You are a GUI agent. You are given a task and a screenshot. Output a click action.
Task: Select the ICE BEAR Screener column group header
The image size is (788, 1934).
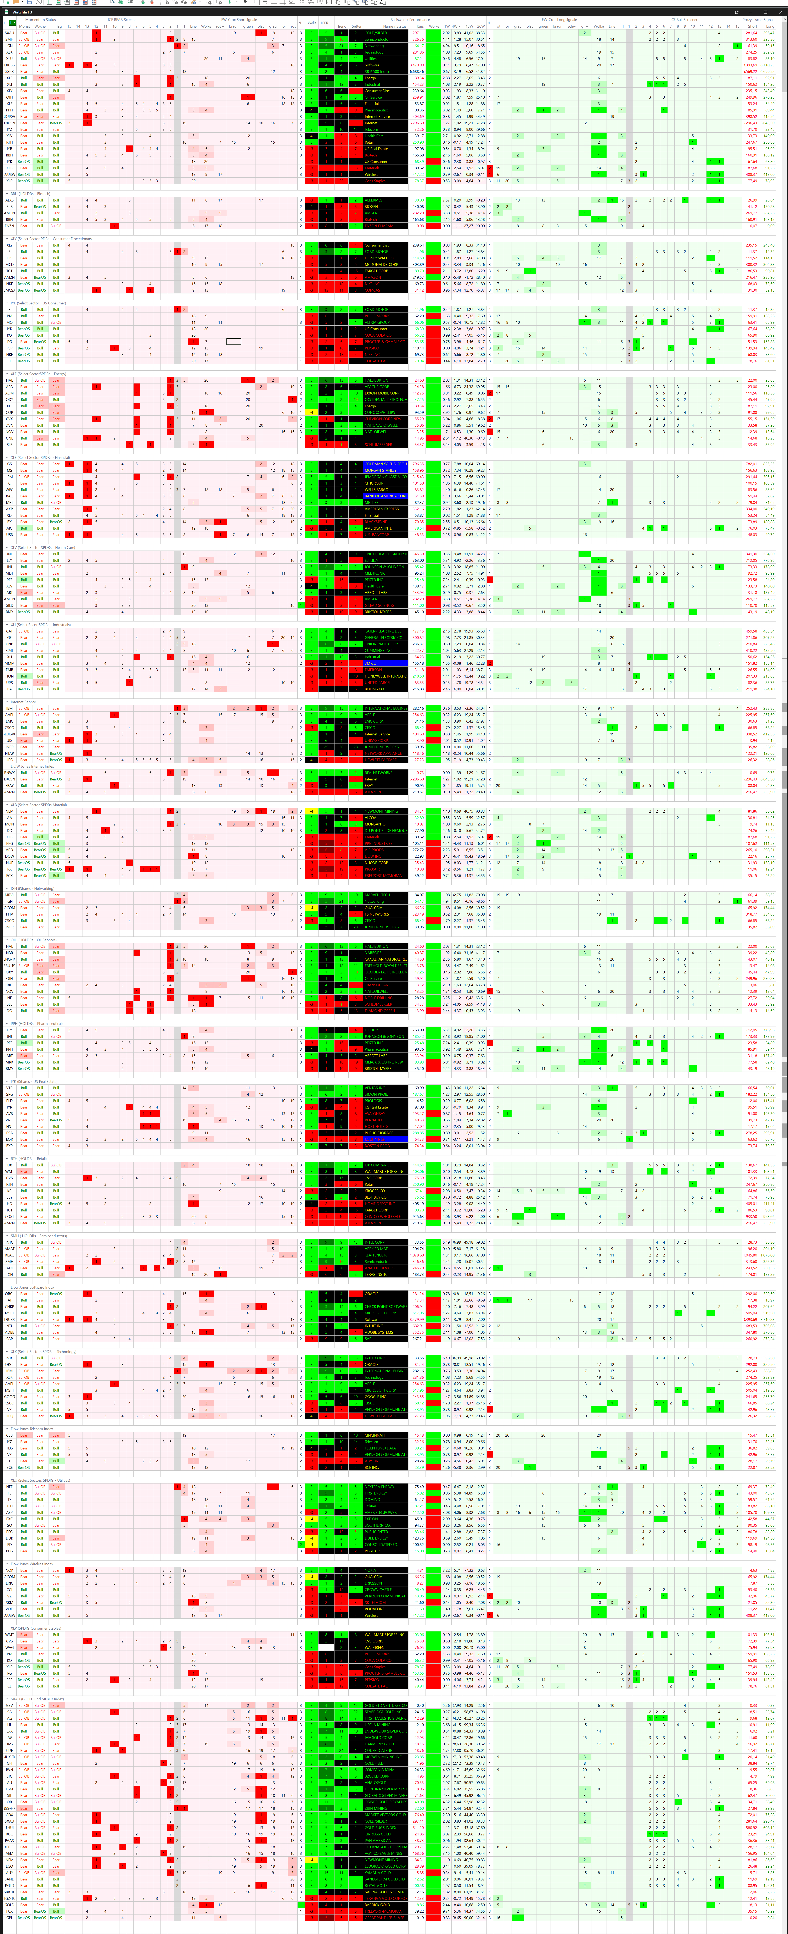(x=122, y=20)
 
